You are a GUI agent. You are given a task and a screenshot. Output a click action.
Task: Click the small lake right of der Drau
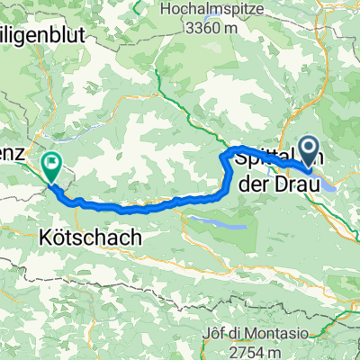point(328,186)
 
